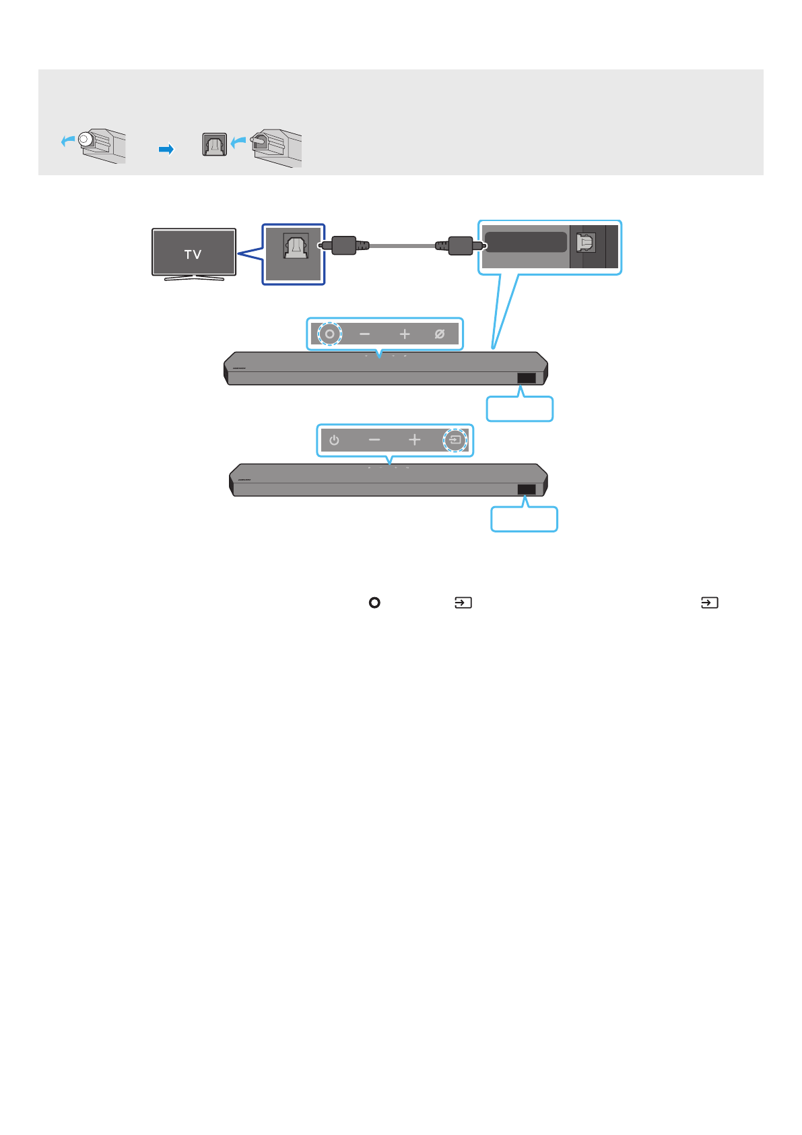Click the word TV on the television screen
(x=193, y=255)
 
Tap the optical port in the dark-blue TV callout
(x=295, y=247)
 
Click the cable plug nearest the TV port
(x=343, y=245)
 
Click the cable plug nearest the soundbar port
(x=461, y=245)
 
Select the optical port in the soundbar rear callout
(x=586, y=243)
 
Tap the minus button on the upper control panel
(x=364, y=334)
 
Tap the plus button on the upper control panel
(x=404, y=334)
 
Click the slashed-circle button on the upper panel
(x=440, y=334)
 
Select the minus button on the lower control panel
(x=374, y=440)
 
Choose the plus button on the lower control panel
(x=414, y=440)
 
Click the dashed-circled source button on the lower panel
(x=455, y=440)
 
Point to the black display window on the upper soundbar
(x=527, y=378)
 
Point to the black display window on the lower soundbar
(x=527, y=489)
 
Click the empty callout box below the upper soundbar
(x=519, y=409)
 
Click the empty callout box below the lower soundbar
(x=524, y=520)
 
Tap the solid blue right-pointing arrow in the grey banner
(x=166, y=149)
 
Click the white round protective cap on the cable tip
(x=85, y=140)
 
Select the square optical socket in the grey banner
(x=215, y=145)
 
